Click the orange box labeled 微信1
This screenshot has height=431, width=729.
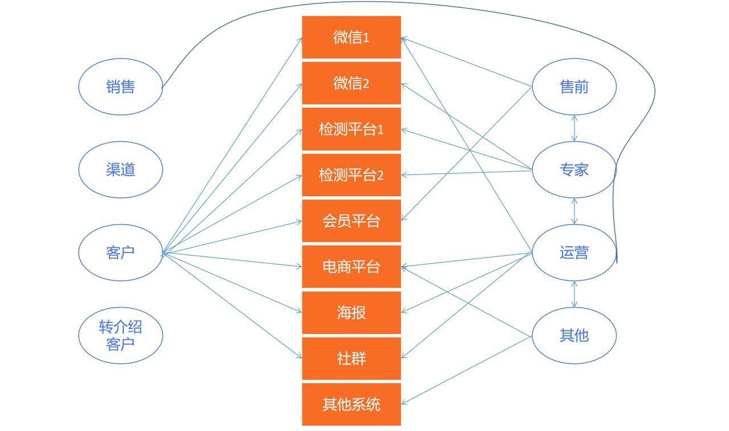351,37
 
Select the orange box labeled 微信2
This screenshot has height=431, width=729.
351,83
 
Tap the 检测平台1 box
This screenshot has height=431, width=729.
351,129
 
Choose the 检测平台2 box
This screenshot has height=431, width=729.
351,175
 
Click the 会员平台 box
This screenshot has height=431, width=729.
351,221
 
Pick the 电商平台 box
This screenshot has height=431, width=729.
351,267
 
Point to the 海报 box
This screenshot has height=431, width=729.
351,313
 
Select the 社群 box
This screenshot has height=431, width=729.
351,359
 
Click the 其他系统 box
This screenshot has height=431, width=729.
351,404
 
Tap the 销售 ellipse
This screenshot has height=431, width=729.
120,87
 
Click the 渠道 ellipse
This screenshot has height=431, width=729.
120,169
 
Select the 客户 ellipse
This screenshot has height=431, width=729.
120,252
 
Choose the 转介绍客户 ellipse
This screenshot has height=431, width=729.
120,335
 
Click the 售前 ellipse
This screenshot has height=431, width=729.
574,87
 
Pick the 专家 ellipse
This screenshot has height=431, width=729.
574,169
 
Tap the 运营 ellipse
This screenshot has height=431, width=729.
574,252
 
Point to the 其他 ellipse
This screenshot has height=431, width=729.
574,335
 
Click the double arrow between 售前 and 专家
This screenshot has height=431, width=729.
575,129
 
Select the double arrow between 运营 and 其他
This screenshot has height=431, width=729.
575,294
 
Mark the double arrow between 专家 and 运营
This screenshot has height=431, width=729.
575,212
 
